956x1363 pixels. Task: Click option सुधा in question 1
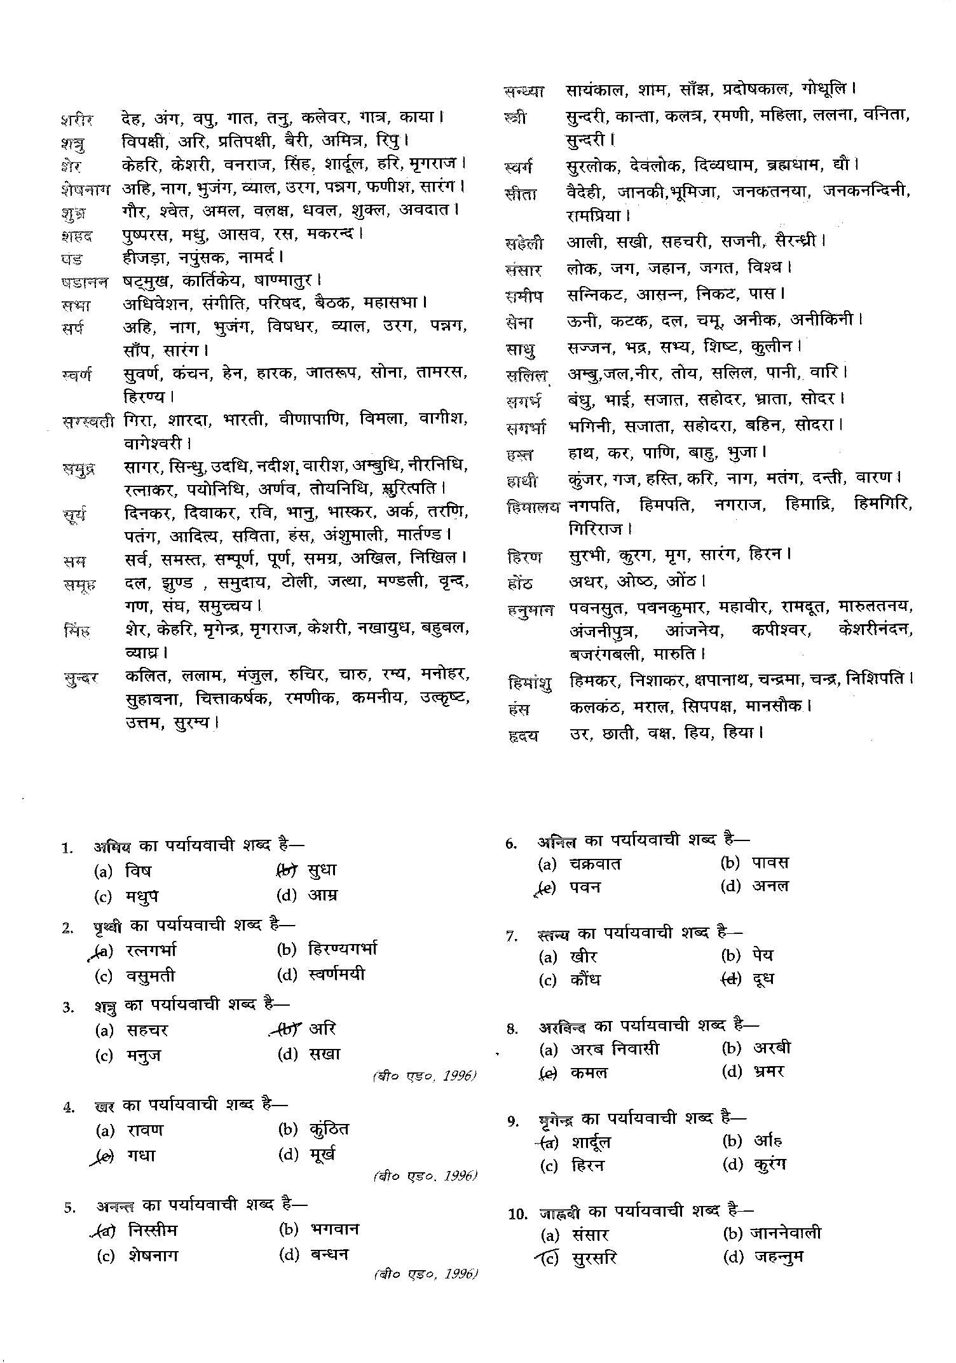click(321, 870)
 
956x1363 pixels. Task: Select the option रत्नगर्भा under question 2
click(151, 950)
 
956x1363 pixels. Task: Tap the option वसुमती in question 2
click(149, 976)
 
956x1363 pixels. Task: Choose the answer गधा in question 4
click(141, 1155)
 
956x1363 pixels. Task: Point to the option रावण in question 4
click(144, 1130)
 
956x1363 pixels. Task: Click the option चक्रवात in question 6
click(596, 863)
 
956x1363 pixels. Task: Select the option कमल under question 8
click(589, 1072)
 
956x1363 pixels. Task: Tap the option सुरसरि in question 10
click(594, 1258)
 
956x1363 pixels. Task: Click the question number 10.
click(518, 1214)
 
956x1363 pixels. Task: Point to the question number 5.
click(69, 1207)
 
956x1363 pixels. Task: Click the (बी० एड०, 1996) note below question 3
click(424, 1076)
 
